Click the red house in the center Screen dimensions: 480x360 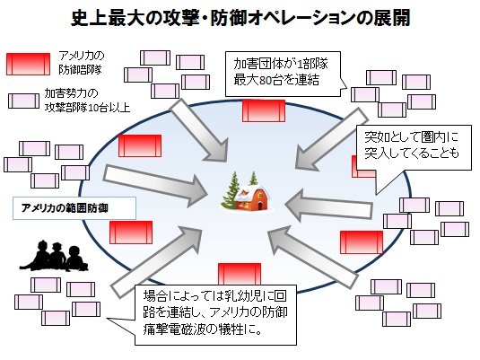pyautogui.click(x=252, y=198)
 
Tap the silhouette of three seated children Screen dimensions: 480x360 pyautogui.click(x=54, y=256)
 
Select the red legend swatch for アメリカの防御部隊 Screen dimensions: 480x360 pyautogui.click(x=28, y=64)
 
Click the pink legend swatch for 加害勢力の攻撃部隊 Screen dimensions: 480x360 pyautogui.click(x=23, y=101)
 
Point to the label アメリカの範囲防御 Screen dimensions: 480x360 pyautogui.click(x=65, y=208)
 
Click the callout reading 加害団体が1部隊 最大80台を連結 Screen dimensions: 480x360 pyautogui.click(x=283, y=74)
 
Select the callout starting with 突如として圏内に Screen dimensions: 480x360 pyautogui.click(x=414, y=147)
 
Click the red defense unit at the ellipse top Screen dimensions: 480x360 pyautogui.click(x=264, y=111)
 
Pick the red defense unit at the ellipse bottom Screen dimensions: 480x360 pyautogui.click(x=240, y=274)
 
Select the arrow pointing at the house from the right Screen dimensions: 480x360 pyautogui.click(x=328, y=206)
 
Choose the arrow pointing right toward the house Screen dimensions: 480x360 pyautogui.click(x=155, y=184)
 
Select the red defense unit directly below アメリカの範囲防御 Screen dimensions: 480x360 pyautogui.click(x=131, y=233)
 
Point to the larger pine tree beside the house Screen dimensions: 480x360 pyautogui.click(x=231, y=190)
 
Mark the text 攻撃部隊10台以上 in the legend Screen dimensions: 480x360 pyautogui.click(x=88, y=108)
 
